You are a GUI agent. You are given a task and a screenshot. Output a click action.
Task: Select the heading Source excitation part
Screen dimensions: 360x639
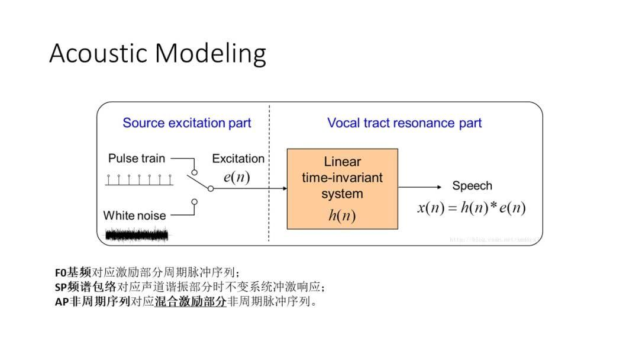[187, 123]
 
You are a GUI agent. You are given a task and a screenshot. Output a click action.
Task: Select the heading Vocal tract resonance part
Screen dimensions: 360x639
[405, 123]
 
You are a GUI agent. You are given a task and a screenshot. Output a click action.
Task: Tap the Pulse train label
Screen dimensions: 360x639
[137, 159]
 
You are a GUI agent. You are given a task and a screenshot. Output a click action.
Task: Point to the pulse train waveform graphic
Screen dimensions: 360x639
[139, 180]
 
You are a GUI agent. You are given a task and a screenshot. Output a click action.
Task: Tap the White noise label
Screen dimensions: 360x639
[134, 216]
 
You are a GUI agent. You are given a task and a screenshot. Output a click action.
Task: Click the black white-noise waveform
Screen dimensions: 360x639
[137, 235]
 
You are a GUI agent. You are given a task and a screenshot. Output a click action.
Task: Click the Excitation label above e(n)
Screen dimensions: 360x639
[238, 159]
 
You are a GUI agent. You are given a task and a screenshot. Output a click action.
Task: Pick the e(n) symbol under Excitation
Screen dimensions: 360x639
[237, 177]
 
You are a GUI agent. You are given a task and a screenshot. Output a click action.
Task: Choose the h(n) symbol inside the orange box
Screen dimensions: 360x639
[342, 216]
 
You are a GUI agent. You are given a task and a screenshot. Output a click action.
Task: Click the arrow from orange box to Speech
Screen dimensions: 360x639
[420, 187]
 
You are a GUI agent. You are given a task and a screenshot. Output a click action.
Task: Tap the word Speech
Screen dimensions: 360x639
[472, 186]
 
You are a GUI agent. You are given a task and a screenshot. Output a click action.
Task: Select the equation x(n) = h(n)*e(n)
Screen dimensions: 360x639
[472, 208]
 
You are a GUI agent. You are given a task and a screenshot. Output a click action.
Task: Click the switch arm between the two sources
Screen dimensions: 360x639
[202, 182]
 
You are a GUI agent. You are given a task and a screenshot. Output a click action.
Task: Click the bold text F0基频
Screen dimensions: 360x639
[73, 273]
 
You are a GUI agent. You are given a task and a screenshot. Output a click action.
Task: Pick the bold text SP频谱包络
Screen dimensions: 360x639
[85, 287]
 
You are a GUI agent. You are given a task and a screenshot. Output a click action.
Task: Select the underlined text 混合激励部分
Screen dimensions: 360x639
[191, 302]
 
